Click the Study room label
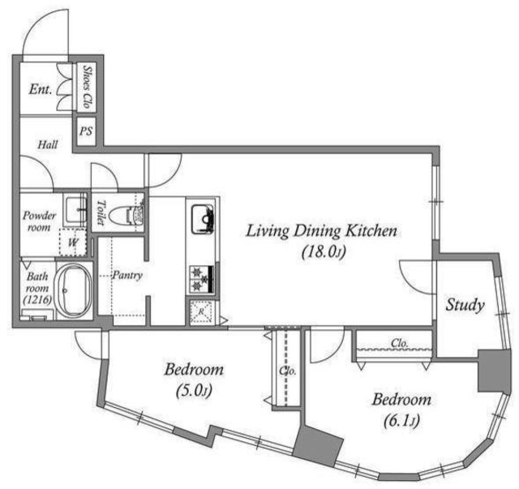pyautogui.click(x=465, y=305)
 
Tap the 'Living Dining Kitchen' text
pyautogui.click(x=321, y=231)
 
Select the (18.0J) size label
pyautogui.click(x=324, y=252)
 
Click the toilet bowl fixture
pyautogui.click(x=126, y=215)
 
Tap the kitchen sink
pyautogui.click(x=202, y=219)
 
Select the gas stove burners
pyautogui.click(x=202, y=279)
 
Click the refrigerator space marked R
pyautogui.click(x=201, y=312)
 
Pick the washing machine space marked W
pyautogui.click(x=73, y=242)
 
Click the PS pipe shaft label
pyautogui.click(x=86, y=131)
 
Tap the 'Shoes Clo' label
pyautogui.click(x=87, y=87)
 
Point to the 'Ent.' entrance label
pyautogui.click(x=41, y=89)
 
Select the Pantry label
pyautogui.click(x=128, y=275)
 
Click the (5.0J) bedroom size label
pyautogui.click(x=194, y=391)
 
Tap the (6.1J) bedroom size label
pyautogui.click(x=401, y=421)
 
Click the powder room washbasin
pyautogui.click(x=75, y=210)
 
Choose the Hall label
pyautogui.click(x=48, y=144)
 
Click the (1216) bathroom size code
pyautogui.click(x=37, y=299)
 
